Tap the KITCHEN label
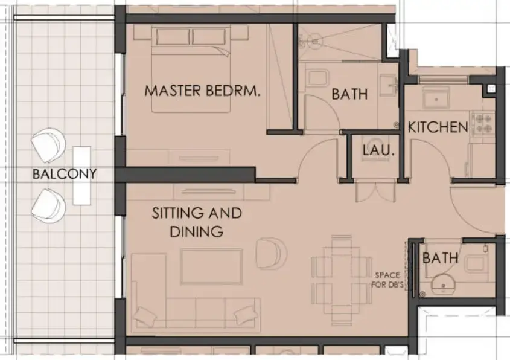pyautogui.click(x=438, y=127)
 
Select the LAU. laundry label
pyautogui.click(x=378, y=150)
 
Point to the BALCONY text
pyautogui.click(x=65, y=175)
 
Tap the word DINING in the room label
pyautogui.click(x=196, y=231)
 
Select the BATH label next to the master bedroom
pyautogui.click(x=349, y=94)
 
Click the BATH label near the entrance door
pyautogui.click(x=440, y=259)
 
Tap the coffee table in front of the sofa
pyautogui.click(x=212, y=266)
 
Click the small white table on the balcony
pyautogui.click(x=81, y=174)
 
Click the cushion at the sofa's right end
pyautogui.click(x=245, y=314)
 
